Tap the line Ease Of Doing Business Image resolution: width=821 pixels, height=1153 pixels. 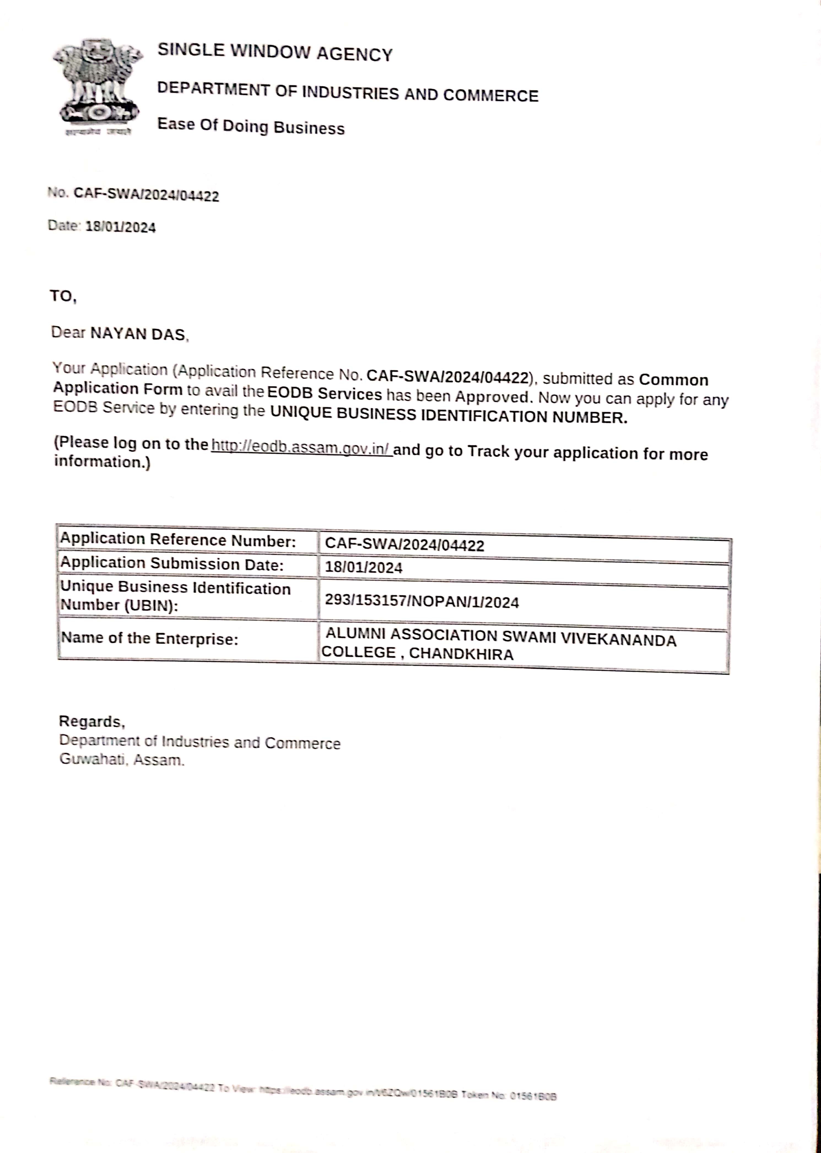(251, 126)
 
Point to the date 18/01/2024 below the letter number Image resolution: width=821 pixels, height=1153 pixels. (120, 227)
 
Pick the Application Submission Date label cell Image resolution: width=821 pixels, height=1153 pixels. (172, 564)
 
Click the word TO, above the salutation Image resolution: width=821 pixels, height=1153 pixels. (63, 296)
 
